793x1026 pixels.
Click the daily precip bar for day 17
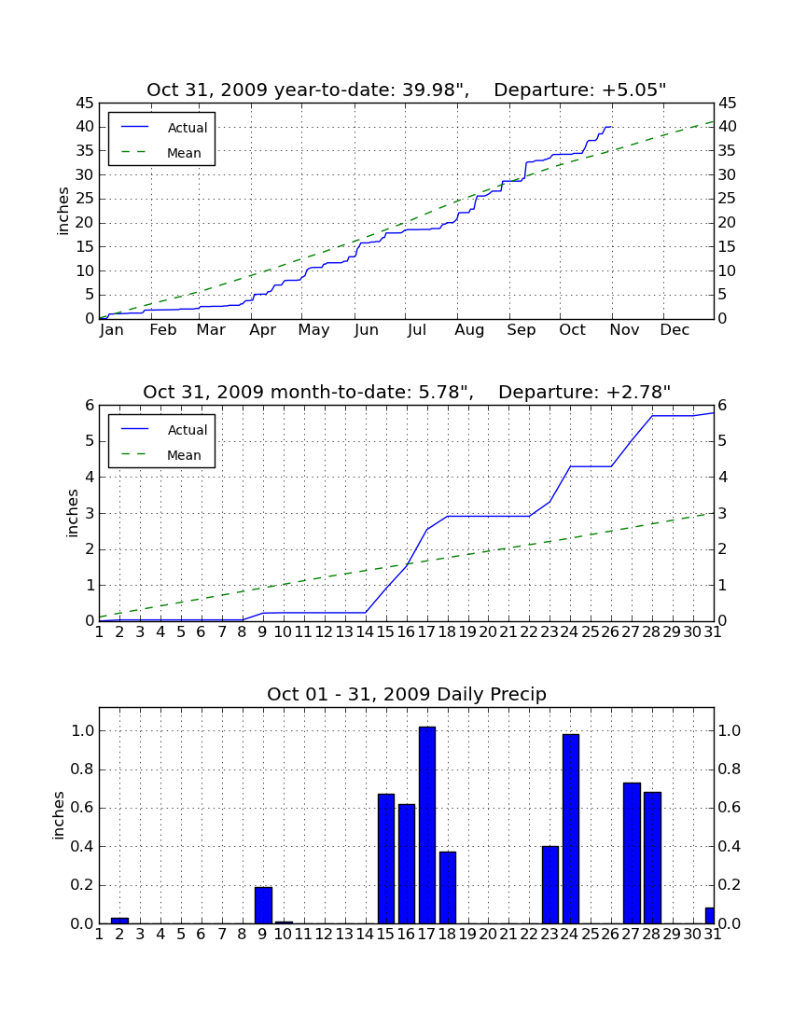[x=427, y=825]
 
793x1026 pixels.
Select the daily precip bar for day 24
[x=571, y=829]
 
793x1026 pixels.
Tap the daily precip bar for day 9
[x=263, y=906]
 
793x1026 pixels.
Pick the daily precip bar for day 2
[x=119, y=921]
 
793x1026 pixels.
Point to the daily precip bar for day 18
[x=448, y=888]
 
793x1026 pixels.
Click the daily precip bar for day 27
[x=632, y=853]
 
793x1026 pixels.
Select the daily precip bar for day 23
[x=550, y=885]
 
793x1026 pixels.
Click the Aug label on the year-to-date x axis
[x=469, y=330]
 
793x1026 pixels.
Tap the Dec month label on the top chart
[x=675, y=330]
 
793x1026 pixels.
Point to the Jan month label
[x=111, y=330]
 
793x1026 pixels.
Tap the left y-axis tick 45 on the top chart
[x=86, y=104]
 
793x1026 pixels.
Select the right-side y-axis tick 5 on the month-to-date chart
[x=722, y=441]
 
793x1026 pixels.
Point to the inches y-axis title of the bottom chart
[x=59, y=815]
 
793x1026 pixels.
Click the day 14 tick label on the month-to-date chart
[x=365, y=632]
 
